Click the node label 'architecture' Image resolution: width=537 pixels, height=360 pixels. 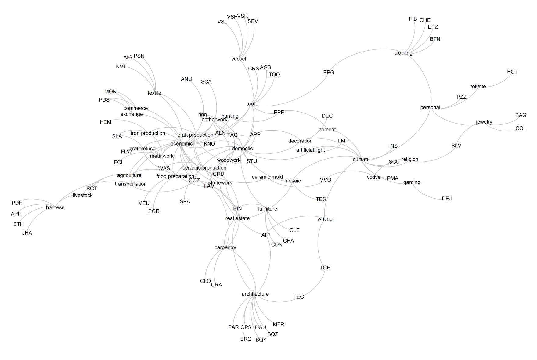(255, 294)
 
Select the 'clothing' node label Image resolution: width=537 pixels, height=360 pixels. (403, 53)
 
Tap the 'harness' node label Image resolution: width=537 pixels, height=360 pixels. (55, 207)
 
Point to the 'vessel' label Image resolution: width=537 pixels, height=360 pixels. (239, 59)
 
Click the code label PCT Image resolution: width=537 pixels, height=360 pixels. (512, 72)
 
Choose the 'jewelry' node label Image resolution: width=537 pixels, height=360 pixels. (484, 122)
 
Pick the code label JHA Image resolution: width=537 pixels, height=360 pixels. (27, 233)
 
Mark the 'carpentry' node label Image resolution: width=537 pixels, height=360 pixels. (225, 247)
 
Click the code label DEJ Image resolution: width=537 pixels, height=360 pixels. (446, 199)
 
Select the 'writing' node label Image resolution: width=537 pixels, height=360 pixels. (325, 219)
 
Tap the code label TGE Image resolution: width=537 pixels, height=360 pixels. (325, 268)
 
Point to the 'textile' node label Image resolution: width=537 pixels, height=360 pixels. (154, 93)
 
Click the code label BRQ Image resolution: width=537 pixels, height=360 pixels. (246, 339)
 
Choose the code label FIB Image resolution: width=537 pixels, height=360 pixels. (413, 19)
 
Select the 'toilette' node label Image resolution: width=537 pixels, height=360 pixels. (478, 87)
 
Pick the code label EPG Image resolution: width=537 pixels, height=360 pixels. (329, 73)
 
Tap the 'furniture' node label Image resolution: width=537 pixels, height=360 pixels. (267, 209)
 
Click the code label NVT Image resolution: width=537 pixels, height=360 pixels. (121, 67)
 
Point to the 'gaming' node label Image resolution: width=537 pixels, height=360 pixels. (412, 182)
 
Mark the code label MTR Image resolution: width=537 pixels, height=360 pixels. (278, 325)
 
